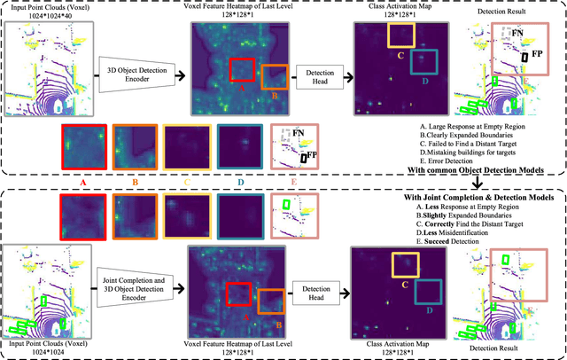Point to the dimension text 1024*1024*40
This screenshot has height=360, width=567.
pyautogui.click(x=46, y=19)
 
